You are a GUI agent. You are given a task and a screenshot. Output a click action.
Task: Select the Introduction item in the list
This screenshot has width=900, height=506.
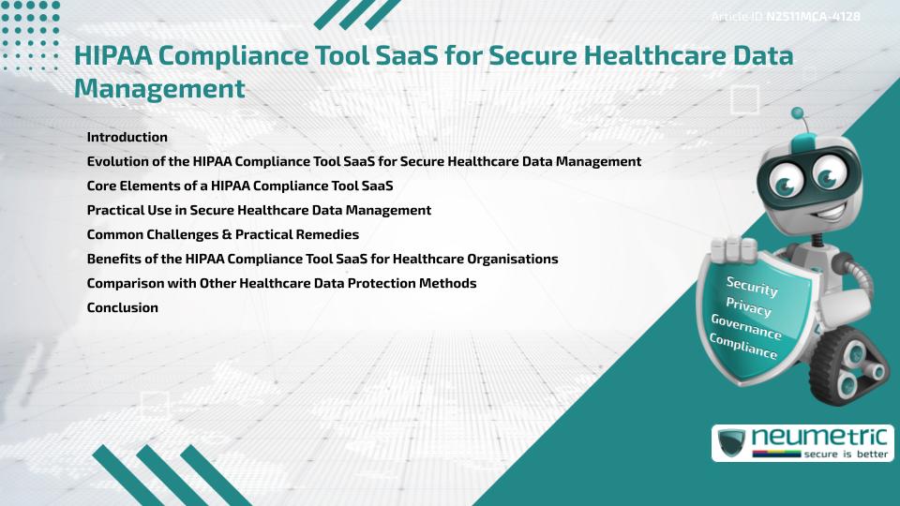(x=127, y=137)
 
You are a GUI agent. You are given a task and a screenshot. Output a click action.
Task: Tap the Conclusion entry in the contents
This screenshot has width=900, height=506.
(x=122, y=307)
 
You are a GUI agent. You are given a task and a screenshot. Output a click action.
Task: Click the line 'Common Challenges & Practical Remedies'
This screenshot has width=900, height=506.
(x=222, y=234)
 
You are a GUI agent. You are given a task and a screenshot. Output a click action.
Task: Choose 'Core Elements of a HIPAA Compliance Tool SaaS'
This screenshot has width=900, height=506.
(x=239, y=186)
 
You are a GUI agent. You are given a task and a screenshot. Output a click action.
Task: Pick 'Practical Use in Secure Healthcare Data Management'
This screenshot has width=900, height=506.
(x=259, y=210)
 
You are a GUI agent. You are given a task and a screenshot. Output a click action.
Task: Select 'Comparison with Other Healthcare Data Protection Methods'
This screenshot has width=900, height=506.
(x=281, y=283)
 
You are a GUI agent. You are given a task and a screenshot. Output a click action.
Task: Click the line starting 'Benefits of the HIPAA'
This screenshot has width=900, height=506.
(x=322, y=259)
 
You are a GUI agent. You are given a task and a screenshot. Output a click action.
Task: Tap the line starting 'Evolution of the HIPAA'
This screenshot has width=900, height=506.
(x=364, y=161)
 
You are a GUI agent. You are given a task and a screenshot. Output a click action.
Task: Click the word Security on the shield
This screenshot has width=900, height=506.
(x=752, y=286)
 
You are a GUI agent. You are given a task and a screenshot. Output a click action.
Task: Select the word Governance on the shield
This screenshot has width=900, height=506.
(x=745, y=327)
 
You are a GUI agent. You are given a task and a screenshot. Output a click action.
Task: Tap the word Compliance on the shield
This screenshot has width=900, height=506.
(x=742, y=347)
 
